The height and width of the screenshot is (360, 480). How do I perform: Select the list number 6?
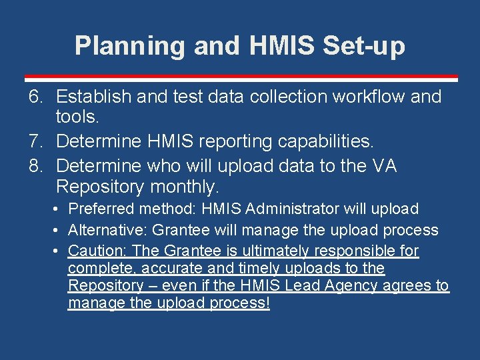point(36,97)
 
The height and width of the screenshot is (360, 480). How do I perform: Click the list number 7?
point(36,141)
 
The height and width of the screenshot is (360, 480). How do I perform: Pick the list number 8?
point(36,165)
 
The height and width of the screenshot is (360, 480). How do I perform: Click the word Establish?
point(93,97)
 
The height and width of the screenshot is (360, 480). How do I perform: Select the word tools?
point(77,119)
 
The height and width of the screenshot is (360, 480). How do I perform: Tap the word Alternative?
point(109,231)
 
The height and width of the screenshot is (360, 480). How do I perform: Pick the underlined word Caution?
point(98,251)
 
